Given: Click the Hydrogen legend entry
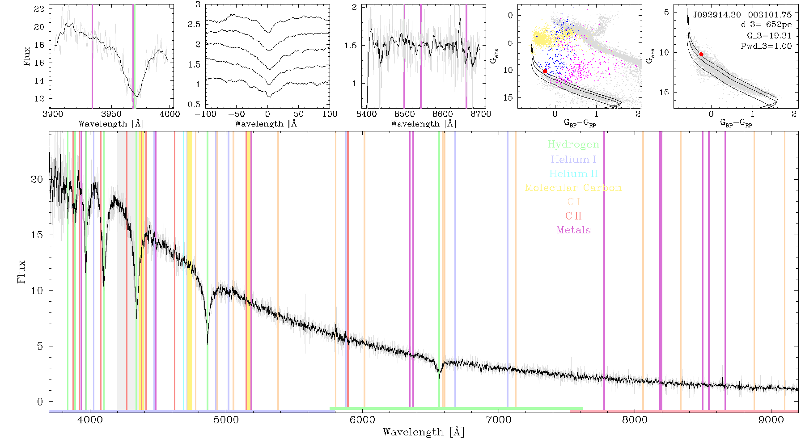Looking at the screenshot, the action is [573, 144].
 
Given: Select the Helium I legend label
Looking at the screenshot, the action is [573, 159].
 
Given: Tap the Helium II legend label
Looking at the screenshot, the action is [573, 173].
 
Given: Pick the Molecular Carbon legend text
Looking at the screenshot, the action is [573, 188].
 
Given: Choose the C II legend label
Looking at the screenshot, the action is [573, 216].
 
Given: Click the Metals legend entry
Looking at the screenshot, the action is [573, 230].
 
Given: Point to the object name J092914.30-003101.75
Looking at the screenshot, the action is [742, 15].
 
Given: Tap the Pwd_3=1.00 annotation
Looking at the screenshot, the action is [766, 46].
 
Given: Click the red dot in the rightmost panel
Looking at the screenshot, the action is [701, 54].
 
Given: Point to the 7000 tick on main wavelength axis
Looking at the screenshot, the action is [498, 420].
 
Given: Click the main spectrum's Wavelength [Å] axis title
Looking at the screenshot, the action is [424, 432].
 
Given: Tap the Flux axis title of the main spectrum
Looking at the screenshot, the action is [21, 272].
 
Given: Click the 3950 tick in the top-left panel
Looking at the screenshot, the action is [111, 114].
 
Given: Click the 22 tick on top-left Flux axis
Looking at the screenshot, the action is [40, 9].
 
